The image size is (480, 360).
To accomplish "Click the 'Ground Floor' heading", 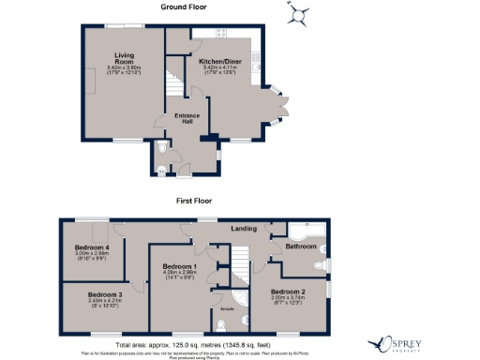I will [x=183, y=7].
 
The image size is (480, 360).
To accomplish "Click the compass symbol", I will [x=299, y=14].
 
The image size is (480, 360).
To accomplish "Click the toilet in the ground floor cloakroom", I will [x=166, y=149].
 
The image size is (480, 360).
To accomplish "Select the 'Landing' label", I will [x=246, y=227].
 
